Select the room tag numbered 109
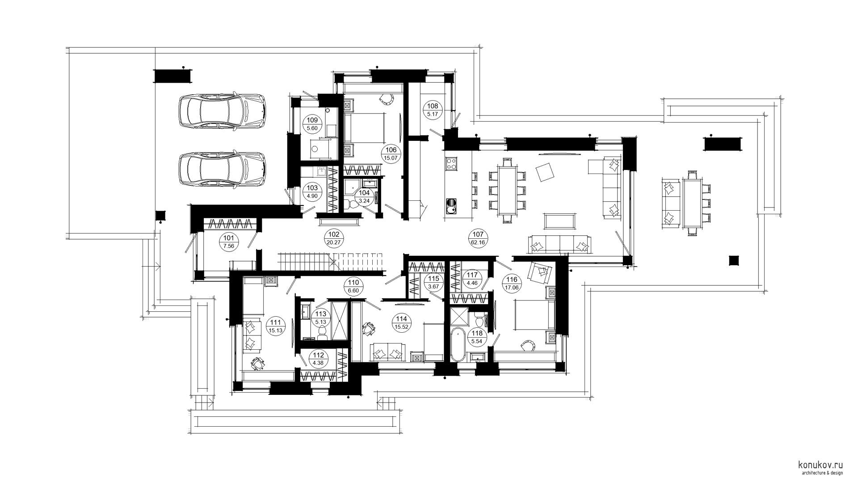312,124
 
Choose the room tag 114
401,323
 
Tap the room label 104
365,197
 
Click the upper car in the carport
222,111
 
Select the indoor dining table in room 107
507,190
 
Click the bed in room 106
365,127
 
